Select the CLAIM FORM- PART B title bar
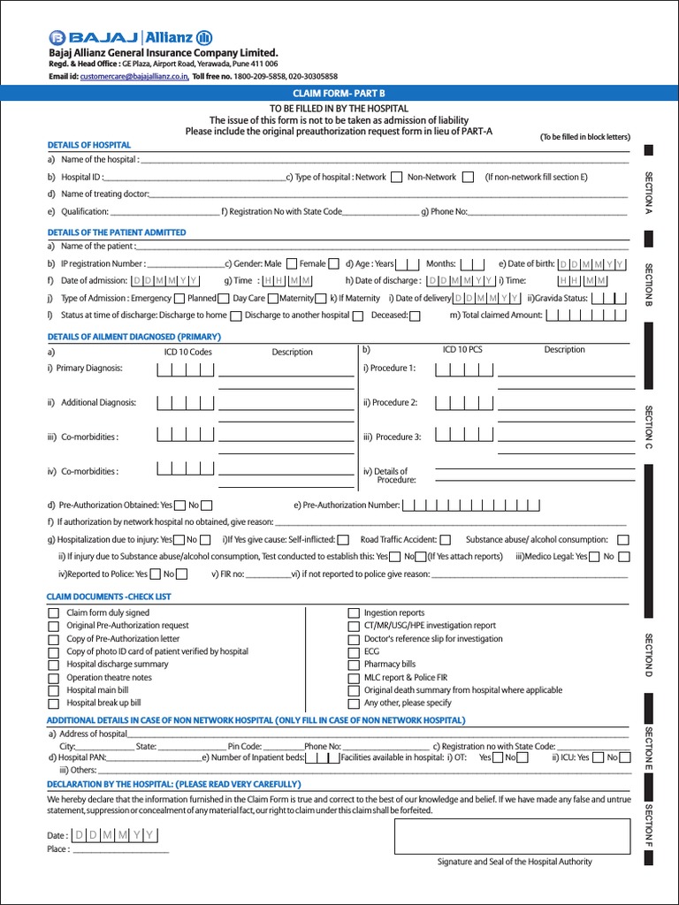click(x=339, y=93)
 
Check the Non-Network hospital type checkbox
click(x=468, y=177)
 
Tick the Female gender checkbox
click(x=333, y=263)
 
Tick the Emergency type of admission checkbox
click(x=179, y=299)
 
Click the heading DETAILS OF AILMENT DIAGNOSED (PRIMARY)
click(x=134, y=337)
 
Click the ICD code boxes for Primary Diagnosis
click(x=186, y=369)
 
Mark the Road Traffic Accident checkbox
click(x=446, y=540)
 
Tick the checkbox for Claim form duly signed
click(x=54, y=612)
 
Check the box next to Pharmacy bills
click(x=354, y=665)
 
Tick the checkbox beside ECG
click(x=354, y=651)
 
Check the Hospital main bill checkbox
click(x=54, y=690)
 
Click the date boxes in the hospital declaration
click(x=114, y=835)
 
